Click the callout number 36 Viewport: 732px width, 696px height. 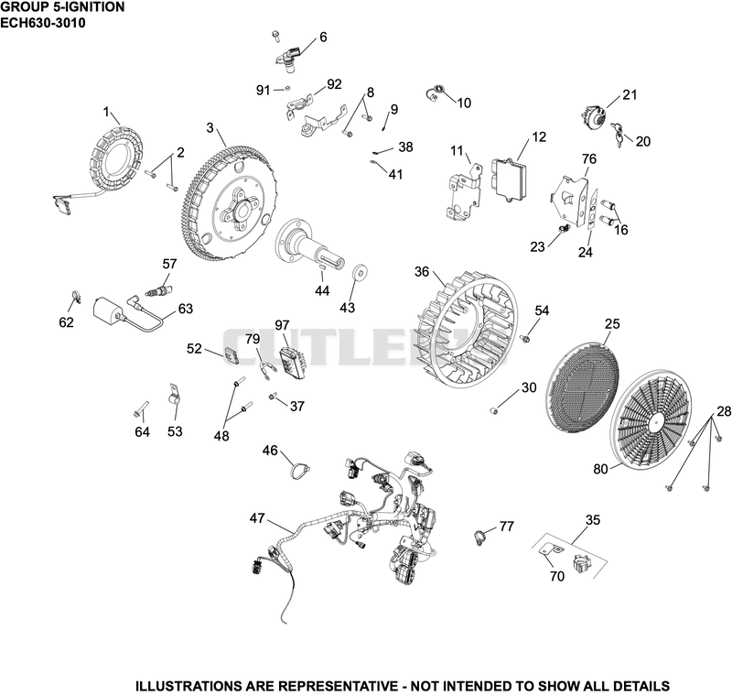coord(422,271)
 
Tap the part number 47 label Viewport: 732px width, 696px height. coord(257,518)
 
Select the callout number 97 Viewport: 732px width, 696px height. coord(282,325)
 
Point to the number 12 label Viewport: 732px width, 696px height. coord(539,136)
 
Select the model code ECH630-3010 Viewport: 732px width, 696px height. coord(43,22)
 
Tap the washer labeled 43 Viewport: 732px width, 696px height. coord(360,272)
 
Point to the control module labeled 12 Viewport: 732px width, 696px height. coord(509,180)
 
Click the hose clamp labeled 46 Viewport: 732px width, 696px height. coord(298,469)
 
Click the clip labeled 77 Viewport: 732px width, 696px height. coord(479,538)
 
